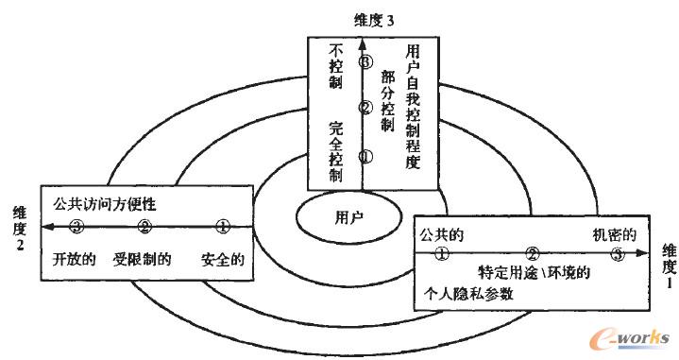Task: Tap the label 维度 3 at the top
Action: click(350, 17)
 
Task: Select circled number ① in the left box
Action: click(223, 227)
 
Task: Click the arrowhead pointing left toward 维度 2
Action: click(46, 227)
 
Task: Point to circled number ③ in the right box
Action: click(618, 253)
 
